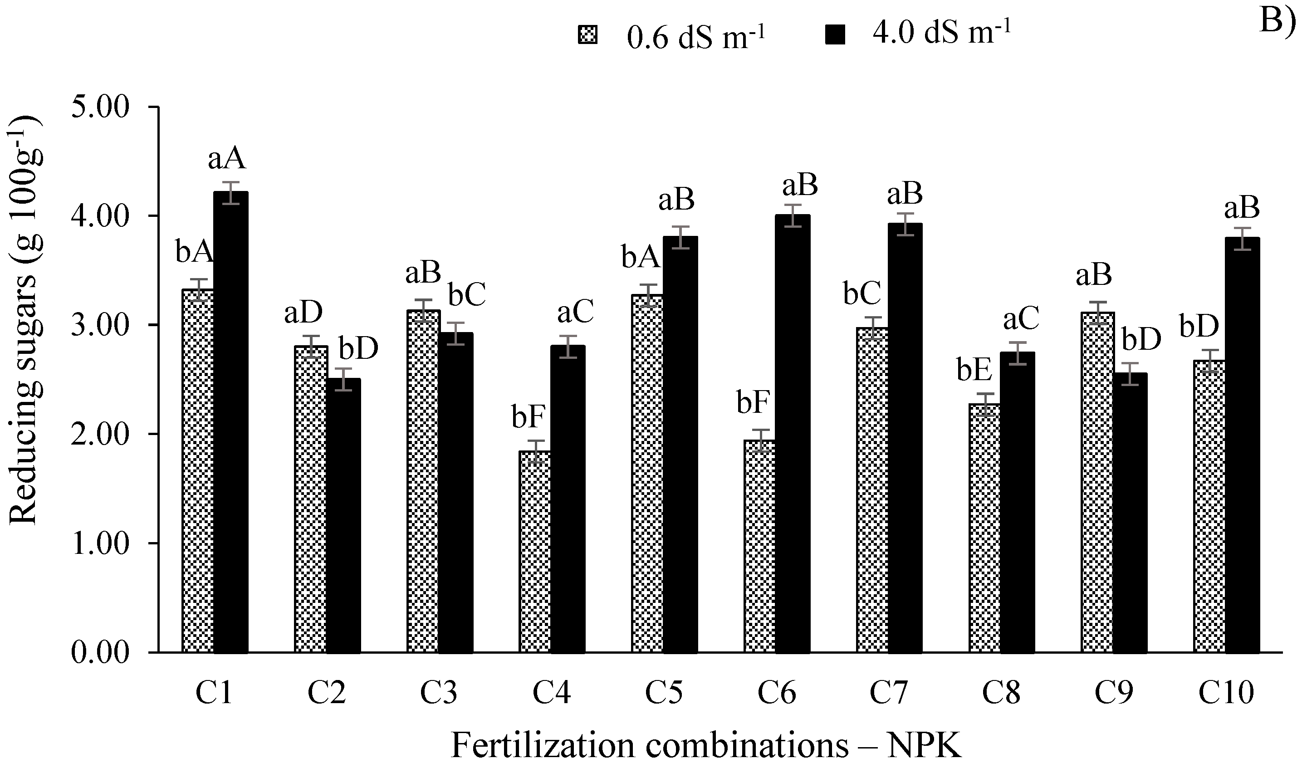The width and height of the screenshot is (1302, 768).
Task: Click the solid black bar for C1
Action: coord(231,422)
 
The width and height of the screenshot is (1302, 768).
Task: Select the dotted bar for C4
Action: coord(534,551)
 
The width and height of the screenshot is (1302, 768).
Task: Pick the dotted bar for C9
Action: coord(1097,481)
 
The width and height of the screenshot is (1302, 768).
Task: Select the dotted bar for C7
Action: coord(872,489)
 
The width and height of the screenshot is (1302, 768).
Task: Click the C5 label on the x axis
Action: coord(664,692)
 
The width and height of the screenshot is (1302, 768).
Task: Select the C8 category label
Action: coord(1001,692)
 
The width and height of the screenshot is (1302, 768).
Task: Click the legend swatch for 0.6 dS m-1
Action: coord(587,36)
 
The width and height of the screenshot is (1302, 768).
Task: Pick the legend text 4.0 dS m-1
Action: coord(942,34)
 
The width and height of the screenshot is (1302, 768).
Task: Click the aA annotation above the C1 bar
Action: coord(227,158)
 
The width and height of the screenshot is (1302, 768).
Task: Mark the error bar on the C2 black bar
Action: coord(343,379)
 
